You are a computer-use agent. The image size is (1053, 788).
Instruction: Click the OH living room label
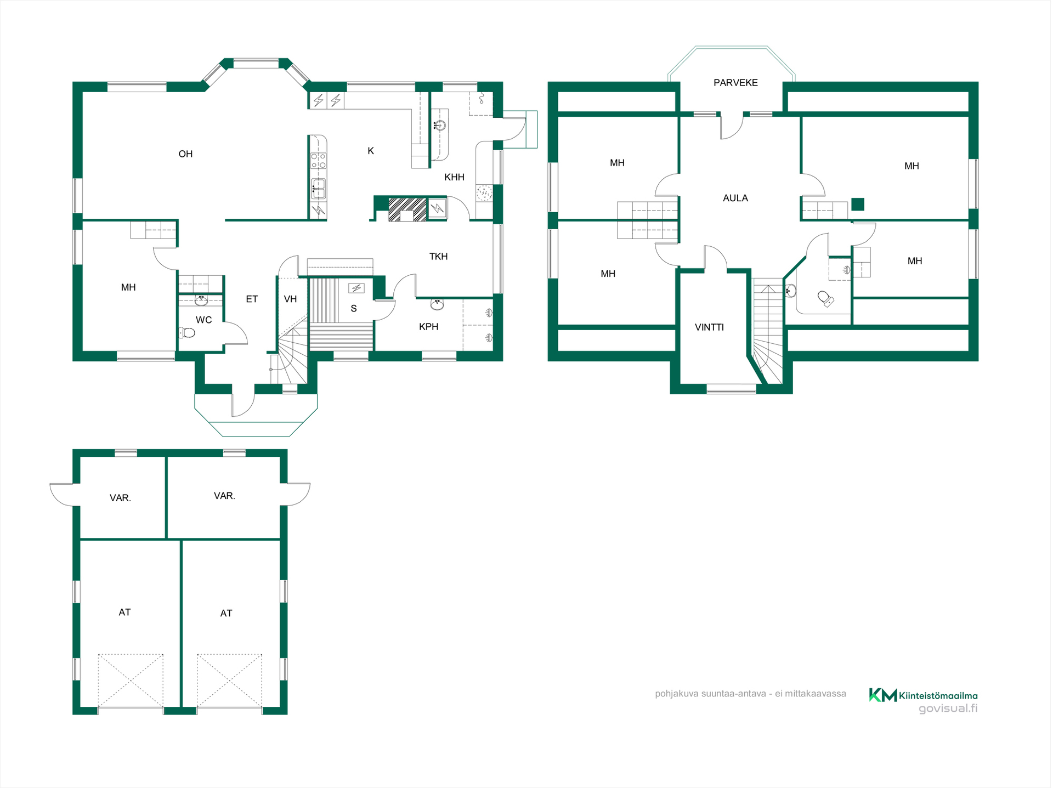pos(185,154)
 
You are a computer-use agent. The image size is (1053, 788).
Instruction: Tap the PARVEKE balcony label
pos(735,83)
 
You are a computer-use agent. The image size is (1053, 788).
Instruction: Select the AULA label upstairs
pos(735,198)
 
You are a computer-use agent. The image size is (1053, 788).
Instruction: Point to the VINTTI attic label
pos(709,327)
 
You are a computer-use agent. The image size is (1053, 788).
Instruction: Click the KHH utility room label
pos(454,177)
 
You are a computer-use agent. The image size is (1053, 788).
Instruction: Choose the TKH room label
pos(438,257)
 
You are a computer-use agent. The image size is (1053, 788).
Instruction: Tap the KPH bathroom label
pos(428,327)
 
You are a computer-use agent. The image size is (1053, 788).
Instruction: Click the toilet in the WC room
pos(187,332)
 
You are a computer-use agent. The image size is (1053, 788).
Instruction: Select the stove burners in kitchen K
pos(318,161)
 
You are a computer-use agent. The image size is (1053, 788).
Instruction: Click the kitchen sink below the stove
pos(318,189)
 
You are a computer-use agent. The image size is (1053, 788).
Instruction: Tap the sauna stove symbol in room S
pos(356,288)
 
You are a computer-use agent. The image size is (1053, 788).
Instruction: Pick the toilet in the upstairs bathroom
pos(825,298)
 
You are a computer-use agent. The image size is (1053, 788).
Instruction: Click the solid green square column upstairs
pos(858,204)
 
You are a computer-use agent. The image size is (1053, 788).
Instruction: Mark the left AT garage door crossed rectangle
pos(131,681)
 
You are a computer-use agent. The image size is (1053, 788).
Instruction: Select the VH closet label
pos(290,299)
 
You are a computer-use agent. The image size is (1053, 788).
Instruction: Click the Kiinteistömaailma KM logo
pos(882,695)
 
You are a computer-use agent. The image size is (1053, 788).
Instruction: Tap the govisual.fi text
pos(948,708)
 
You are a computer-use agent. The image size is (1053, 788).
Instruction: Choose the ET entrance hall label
pos(252,299)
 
